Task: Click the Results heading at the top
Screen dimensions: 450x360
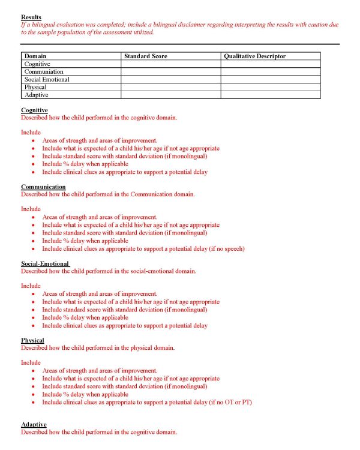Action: click(31, 17)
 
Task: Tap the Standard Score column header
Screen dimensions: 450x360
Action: click(145, 56)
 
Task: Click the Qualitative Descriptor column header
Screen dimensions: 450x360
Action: click(254, 56)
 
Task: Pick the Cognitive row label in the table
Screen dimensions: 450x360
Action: click(37, 64)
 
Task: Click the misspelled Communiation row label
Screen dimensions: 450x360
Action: click(44, 71)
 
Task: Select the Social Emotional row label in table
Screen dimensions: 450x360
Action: click(47, 79)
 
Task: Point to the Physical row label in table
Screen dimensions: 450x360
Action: click(35, 87)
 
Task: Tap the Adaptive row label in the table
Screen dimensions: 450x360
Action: click(36, 95)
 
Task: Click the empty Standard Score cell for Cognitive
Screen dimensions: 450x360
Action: click(170, 64)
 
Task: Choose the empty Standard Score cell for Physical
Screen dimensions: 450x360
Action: click(170, 87)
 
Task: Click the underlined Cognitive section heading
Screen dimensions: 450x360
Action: click(34, 110)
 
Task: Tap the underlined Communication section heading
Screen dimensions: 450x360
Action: click(43, 187)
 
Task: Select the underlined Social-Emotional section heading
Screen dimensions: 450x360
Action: click(46, 264)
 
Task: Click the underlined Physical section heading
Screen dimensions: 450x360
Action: click(32, 341)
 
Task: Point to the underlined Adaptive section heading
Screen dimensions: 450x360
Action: click(34, 425)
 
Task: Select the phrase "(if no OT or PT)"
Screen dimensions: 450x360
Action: click(230, 402)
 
